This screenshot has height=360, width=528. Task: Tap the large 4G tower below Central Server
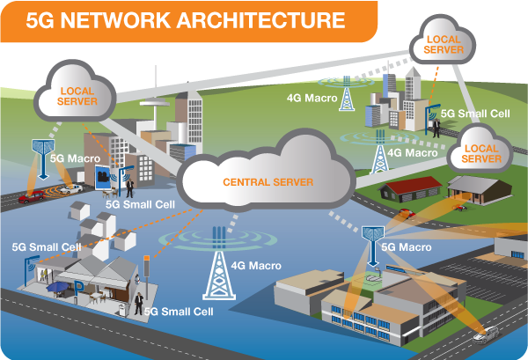tap(215, 264)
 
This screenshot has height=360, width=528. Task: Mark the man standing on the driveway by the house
tap(138, 302)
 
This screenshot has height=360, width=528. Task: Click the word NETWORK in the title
tap(106, 19)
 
